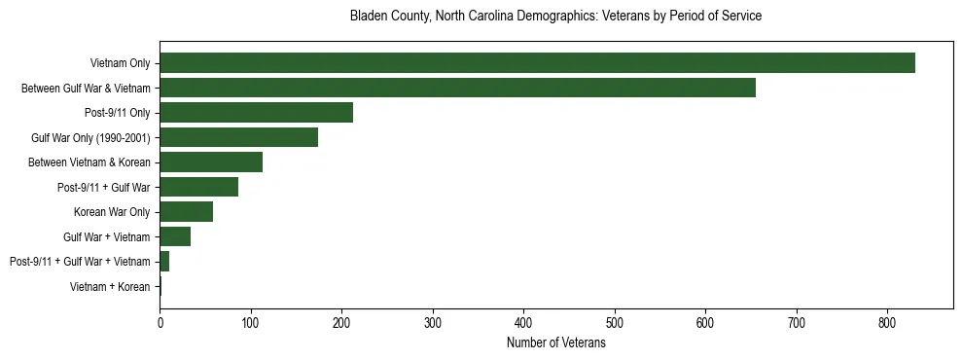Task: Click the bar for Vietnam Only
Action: coord(537,63)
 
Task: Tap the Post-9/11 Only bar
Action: coord(256,113)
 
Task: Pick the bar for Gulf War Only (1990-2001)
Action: coord(238,137)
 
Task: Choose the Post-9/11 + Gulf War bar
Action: coord(198,187)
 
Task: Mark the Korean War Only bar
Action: coord(186,212)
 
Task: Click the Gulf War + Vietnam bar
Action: coord(175,236)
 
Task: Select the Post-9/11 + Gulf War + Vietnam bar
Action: coord(164,262)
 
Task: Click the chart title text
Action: coord(555,17)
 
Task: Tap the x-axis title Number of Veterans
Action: coord(555,343)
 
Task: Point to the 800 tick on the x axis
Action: coord(887,322)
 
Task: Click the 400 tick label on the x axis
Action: coord(523,322)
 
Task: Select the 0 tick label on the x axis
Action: coord(160,322)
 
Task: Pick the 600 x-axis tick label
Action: coord(705,322)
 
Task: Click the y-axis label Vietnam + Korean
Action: coord(110,287)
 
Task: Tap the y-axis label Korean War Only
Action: coord(112,212)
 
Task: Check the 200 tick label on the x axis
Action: coord(341,322)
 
